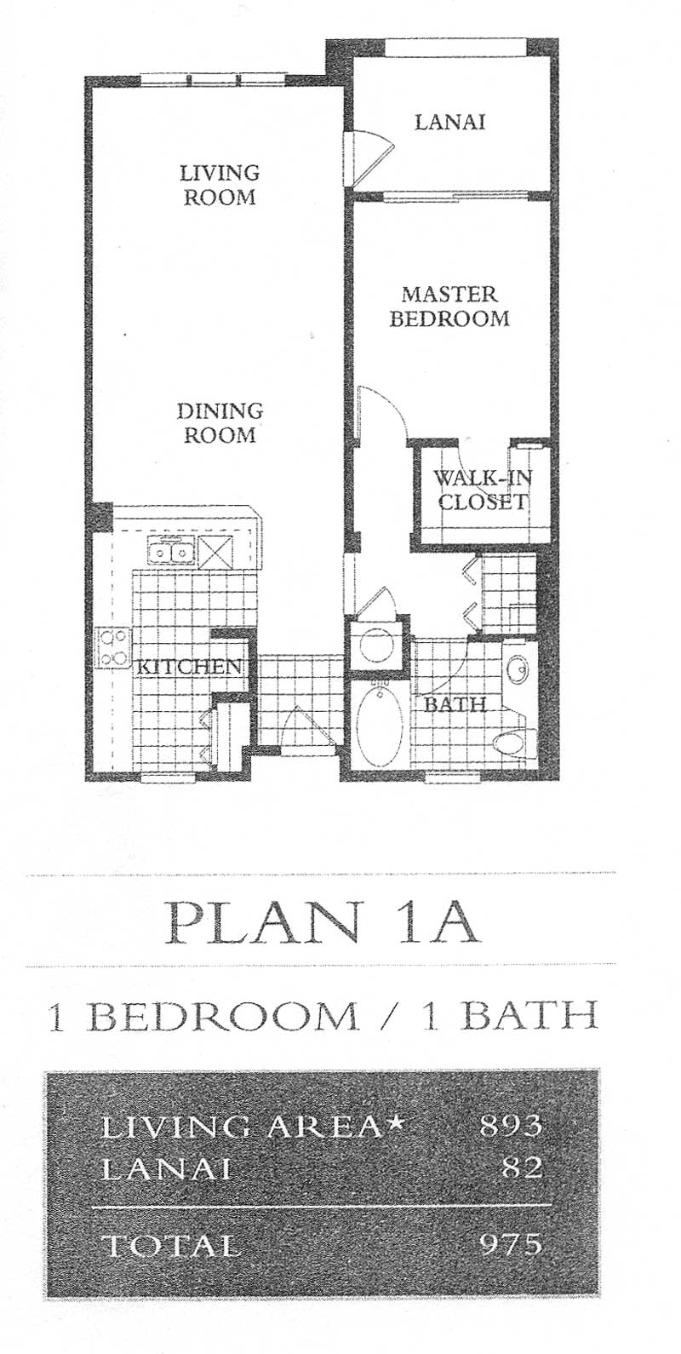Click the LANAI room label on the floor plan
[x=450, y=122]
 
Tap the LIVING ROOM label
[x=220, y=184]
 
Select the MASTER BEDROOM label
[x=449, y=306]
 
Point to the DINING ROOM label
[x=220, y=422]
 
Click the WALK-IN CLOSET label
[x=483, y=490]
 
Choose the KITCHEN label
[x=188, y=666]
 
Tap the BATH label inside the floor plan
[x=455, y=703]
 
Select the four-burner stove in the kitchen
[x=113, y=647]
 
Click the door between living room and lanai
[x=369, y=158]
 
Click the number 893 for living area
[x=511, y=1125]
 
